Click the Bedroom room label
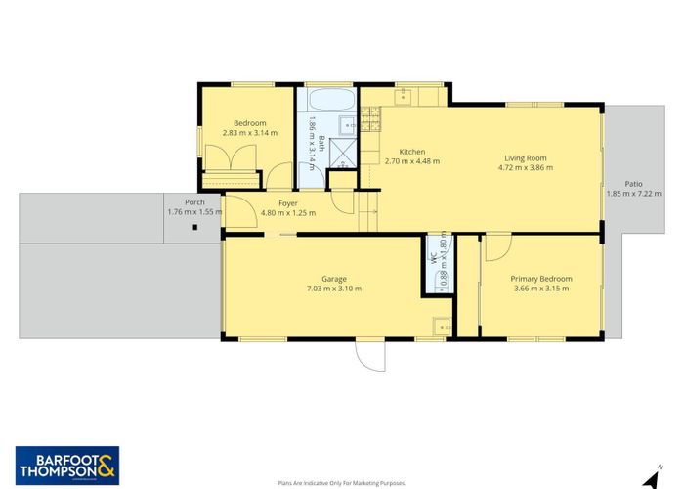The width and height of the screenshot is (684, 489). [249, 123]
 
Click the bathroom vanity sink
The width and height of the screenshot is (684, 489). [346, 124]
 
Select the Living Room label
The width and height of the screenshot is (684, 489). [525, 157]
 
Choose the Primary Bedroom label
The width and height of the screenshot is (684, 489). [541, 279]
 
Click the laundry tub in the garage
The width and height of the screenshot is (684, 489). [441, 327]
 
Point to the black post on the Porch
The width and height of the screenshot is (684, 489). [195, 228]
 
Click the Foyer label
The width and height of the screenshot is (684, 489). [287, 203]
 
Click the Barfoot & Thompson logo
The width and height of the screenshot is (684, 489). [65, 464]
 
